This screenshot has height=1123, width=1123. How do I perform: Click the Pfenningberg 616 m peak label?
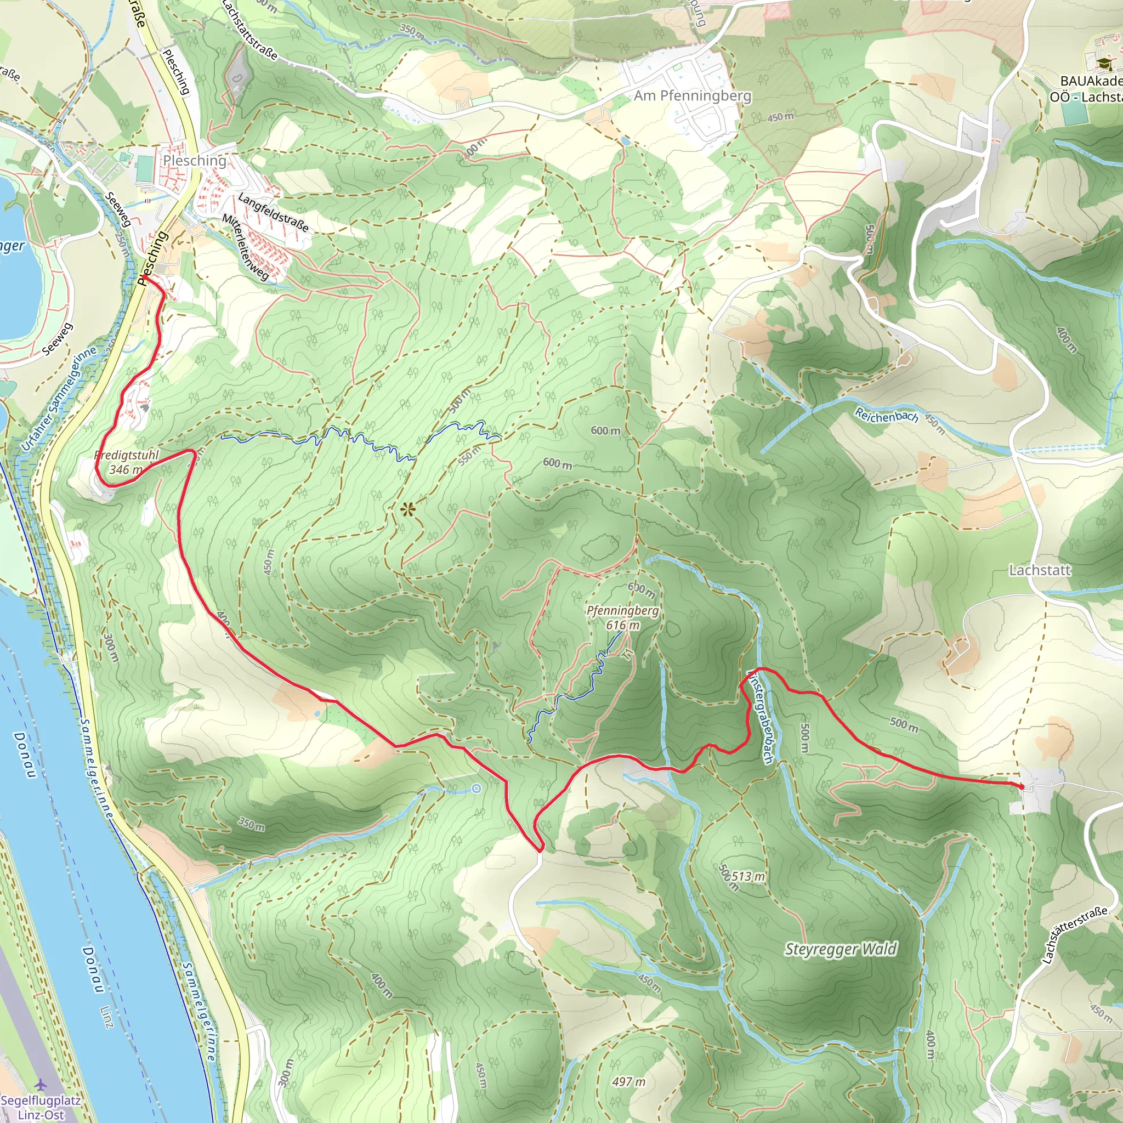click(x=622, y=618)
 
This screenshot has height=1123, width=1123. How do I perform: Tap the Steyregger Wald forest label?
click(x=841, y=949)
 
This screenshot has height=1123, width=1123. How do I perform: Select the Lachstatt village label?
click(x=1039, y=570)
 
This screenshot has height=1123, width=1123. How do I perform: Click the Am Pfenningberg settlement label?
click(x=693, y=96)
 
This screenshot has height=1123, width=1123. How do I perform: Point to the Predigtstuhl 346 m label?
click(x=127, y=462)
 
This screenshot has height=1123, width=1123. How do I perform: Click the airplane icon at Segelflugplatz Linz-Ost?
click(x=41, y=1085)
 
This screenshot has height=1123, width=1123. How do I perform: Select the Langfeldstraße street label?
click(x=273, y=213)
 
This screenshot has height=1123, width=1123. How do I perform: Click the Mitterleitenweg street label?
click(x=245, y=246)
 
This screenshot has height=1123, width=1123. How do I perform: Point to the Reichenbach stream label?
click(x=886, y=415)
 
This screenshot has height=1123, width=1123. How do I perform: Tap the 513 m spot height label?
click(x=748, y=876)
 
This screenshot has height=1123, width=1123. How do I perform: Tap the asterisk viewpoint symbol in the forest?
click(x=408, y=511)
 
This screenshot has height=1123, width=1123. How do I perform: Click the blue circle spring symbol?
click(x=477, y=789)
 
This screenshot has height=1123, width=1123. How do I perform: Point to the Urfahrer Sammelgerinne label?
click(x=58, y=400)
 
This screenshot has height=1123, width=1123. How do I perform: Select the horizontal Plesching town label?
click(x=194, y=161)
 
